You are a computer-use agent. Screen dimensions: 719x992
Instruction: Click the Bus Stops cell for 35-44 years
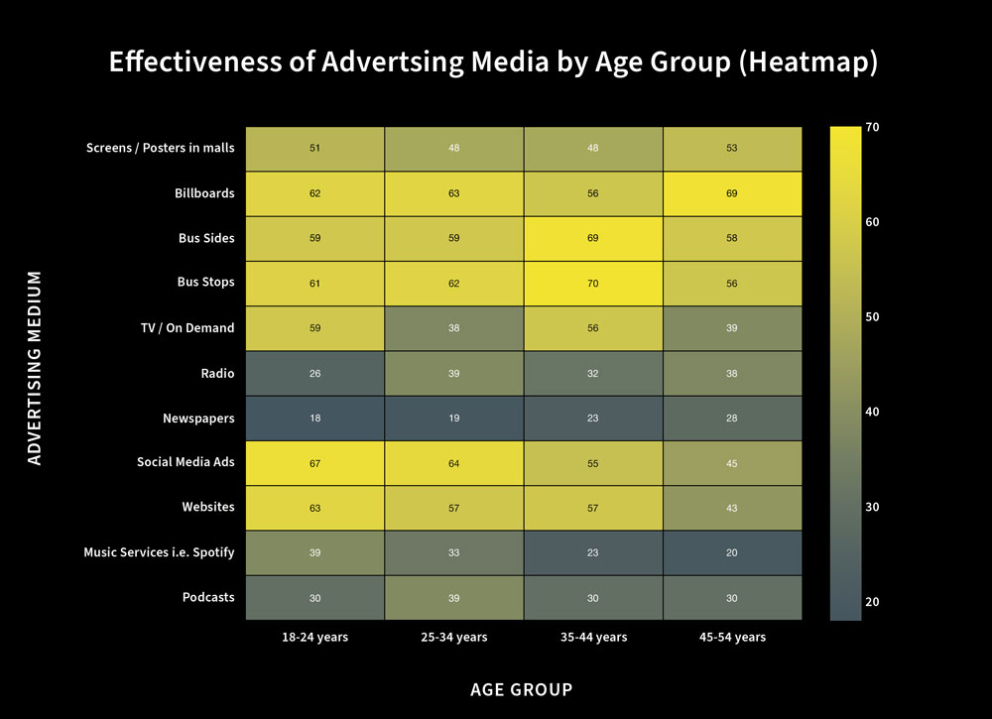592,283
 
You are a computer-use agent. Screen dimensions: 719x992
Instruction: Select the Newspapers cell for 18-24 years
315,418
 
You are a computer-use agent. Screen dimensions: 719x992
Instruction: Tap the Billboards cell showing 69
731,193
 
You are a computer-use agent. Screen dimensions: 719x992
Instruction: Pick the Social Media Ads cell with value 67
315,462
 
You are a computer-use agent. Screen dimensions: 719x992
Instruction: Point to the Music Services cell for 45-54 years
731,552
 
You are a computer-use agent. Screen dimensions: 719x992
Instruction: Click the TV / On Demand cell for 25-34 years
453,327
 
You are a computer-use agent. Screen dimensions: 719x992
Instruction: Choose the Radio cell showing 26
315,373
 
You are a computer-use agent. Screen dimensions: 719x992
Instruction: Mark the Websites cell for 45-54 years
731,508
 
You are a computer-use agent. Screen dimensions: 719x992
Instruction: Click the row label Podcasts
208,597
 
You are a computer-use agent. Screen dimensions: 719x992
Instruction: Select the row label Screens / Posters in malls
161,148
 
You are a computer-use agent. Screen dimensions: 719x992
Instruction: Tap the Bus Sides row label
205,238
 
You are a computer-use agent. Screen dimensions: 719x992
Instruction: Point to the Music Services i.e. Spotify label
159,552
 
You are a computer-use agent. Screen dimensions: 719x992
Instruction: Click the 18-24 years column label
315,638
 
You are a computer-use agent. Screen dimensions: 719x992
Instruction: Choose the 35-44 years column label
592,638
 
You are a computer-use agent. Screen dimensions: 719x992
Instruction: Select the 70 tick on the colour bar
872,128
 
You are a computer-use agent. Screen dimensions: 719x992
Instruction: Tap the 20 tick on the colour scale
872,602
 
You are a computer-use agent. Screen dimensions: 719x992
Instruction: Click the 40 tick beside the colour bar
872,413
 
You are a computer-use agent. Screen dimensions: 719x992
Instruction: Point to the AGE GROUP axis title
521,689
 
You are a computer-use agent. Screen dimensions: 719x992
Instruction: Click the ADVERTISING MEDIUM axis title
36,367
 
